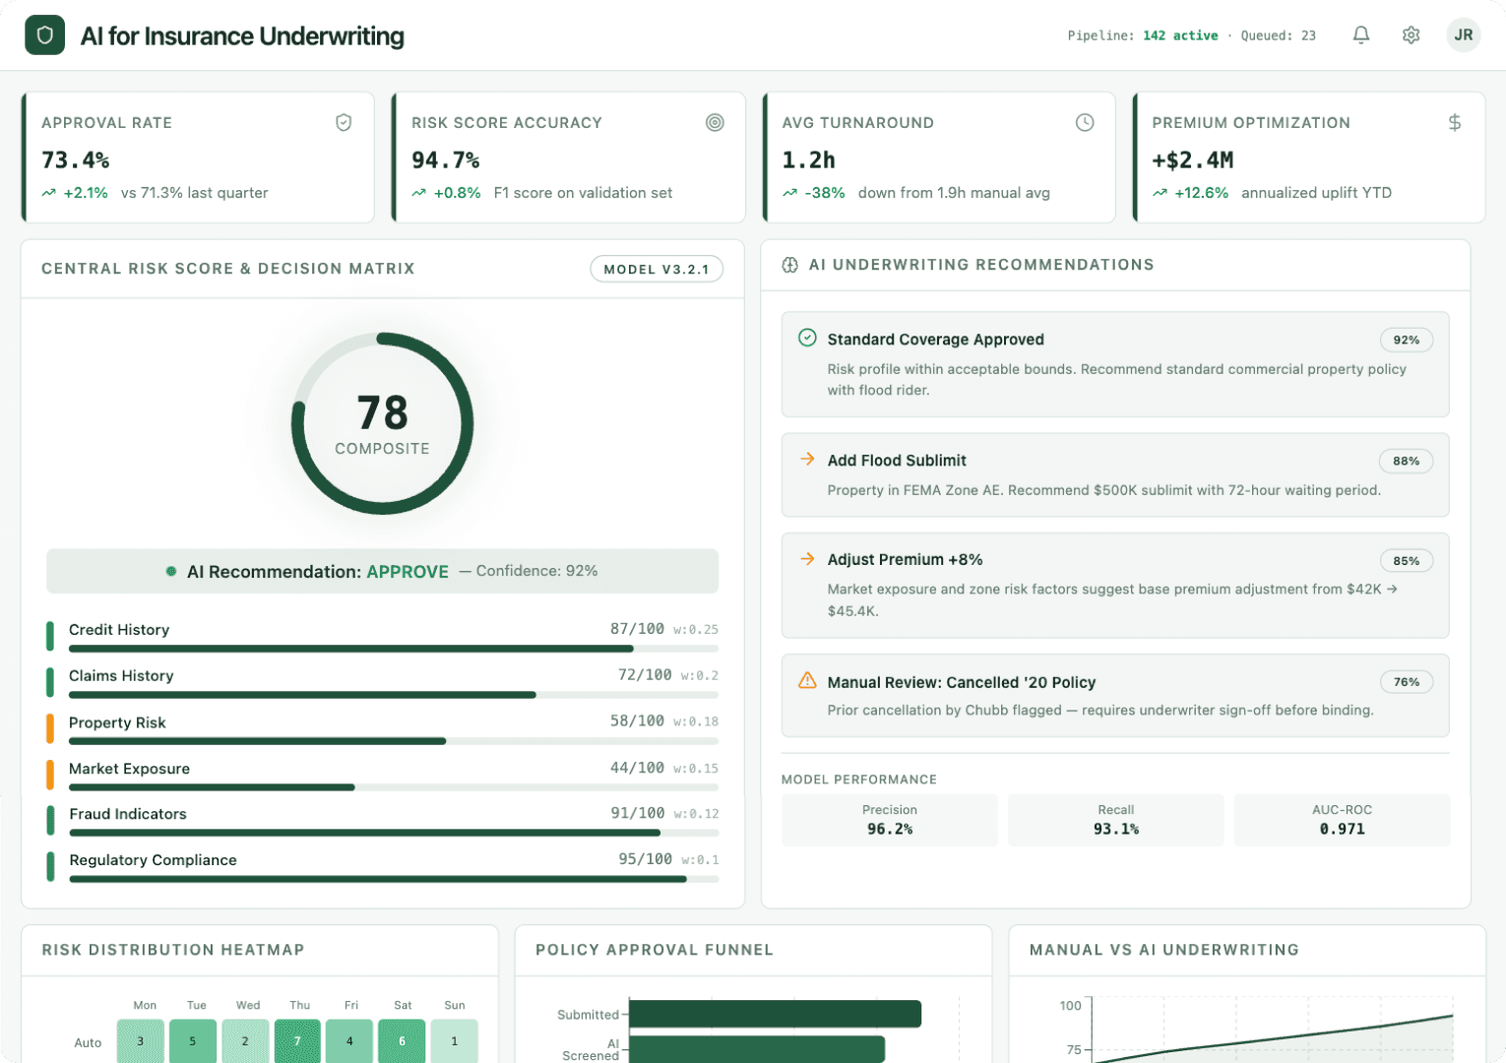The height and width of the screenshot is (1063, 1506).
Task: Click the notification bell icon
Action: pos(1360,35)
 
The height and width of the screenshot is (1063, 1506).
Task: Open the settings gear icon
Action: pos(1411,35)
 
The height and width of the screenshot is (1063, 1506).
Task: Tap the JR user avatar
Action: pos(1463,35)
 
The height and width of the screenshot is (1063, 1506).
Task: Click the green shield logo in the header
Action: pos(44,35)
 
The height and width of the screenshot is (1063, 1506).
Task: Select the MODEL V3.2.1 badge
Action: pos(656,269)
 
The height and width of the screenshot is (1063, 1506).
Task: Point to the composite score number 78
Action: pos(382,412)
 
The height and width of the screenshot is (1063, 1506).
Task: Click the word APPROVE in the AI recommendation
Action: pos(407,572)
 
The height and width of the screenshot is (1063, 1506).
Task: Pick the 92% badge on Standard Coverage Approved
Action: pos(1406,340)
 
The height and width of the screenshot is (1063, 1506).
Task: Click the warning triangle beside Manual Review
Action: pos(807,681)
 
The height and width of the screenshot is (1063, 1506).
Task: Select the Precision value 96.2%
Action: pos(889,829)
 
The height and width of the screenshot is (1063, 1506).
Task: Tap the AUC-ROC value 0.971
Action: pos(1342,829)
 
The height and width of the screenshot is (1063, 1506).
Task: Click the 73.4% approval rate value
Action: pos(75,159)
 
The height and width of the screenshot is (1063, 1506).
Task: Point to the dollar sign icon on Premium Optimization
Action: pos(1454,123)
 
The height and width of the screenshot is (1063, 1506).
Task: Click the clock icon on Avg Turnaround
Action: pos(1084,123)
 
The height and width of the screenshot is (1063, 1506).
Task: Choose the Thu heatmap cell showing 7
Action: pos(297,1040)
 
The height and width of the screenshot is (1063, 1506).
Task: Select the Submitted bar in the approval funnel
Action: pos(775,1014)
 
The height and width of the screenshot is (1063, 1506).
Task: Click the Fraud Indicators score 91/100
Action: pos(637,813)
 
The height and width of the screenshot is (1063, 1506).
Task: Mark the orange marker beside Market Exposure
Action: pos(50,774)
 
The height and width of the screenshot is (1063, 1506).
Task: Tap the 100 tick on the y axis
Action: pos(1070,1005)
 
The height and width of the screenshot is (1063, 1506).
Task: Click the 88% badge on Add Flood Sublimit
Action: pos(1406,461)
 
